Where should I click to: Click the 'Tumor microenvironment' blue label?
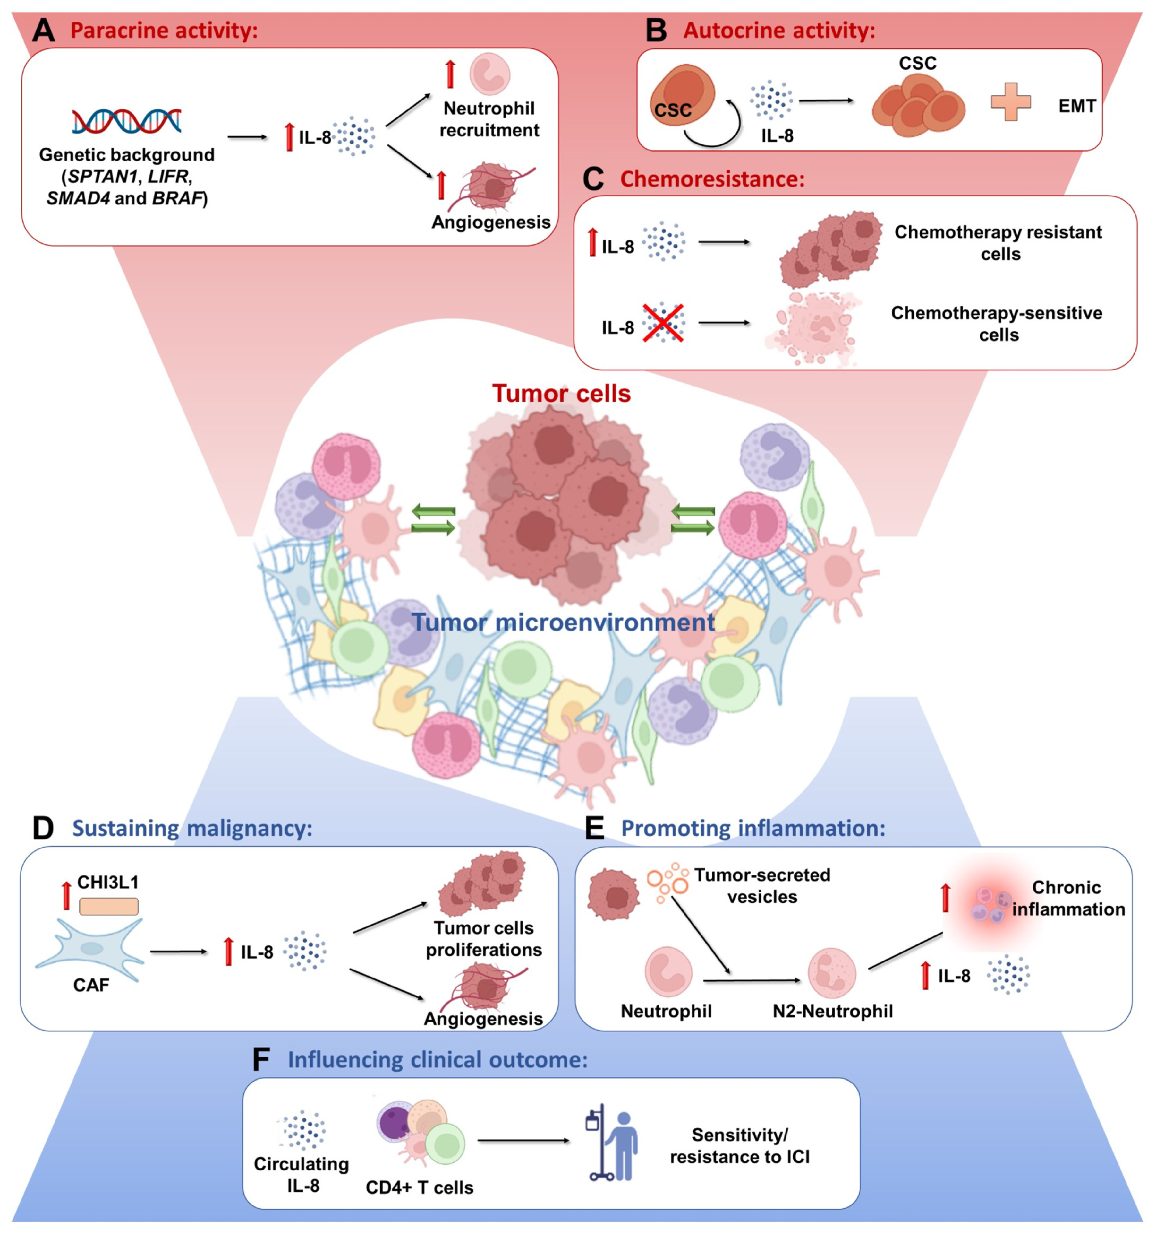[x=563, y=622]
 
